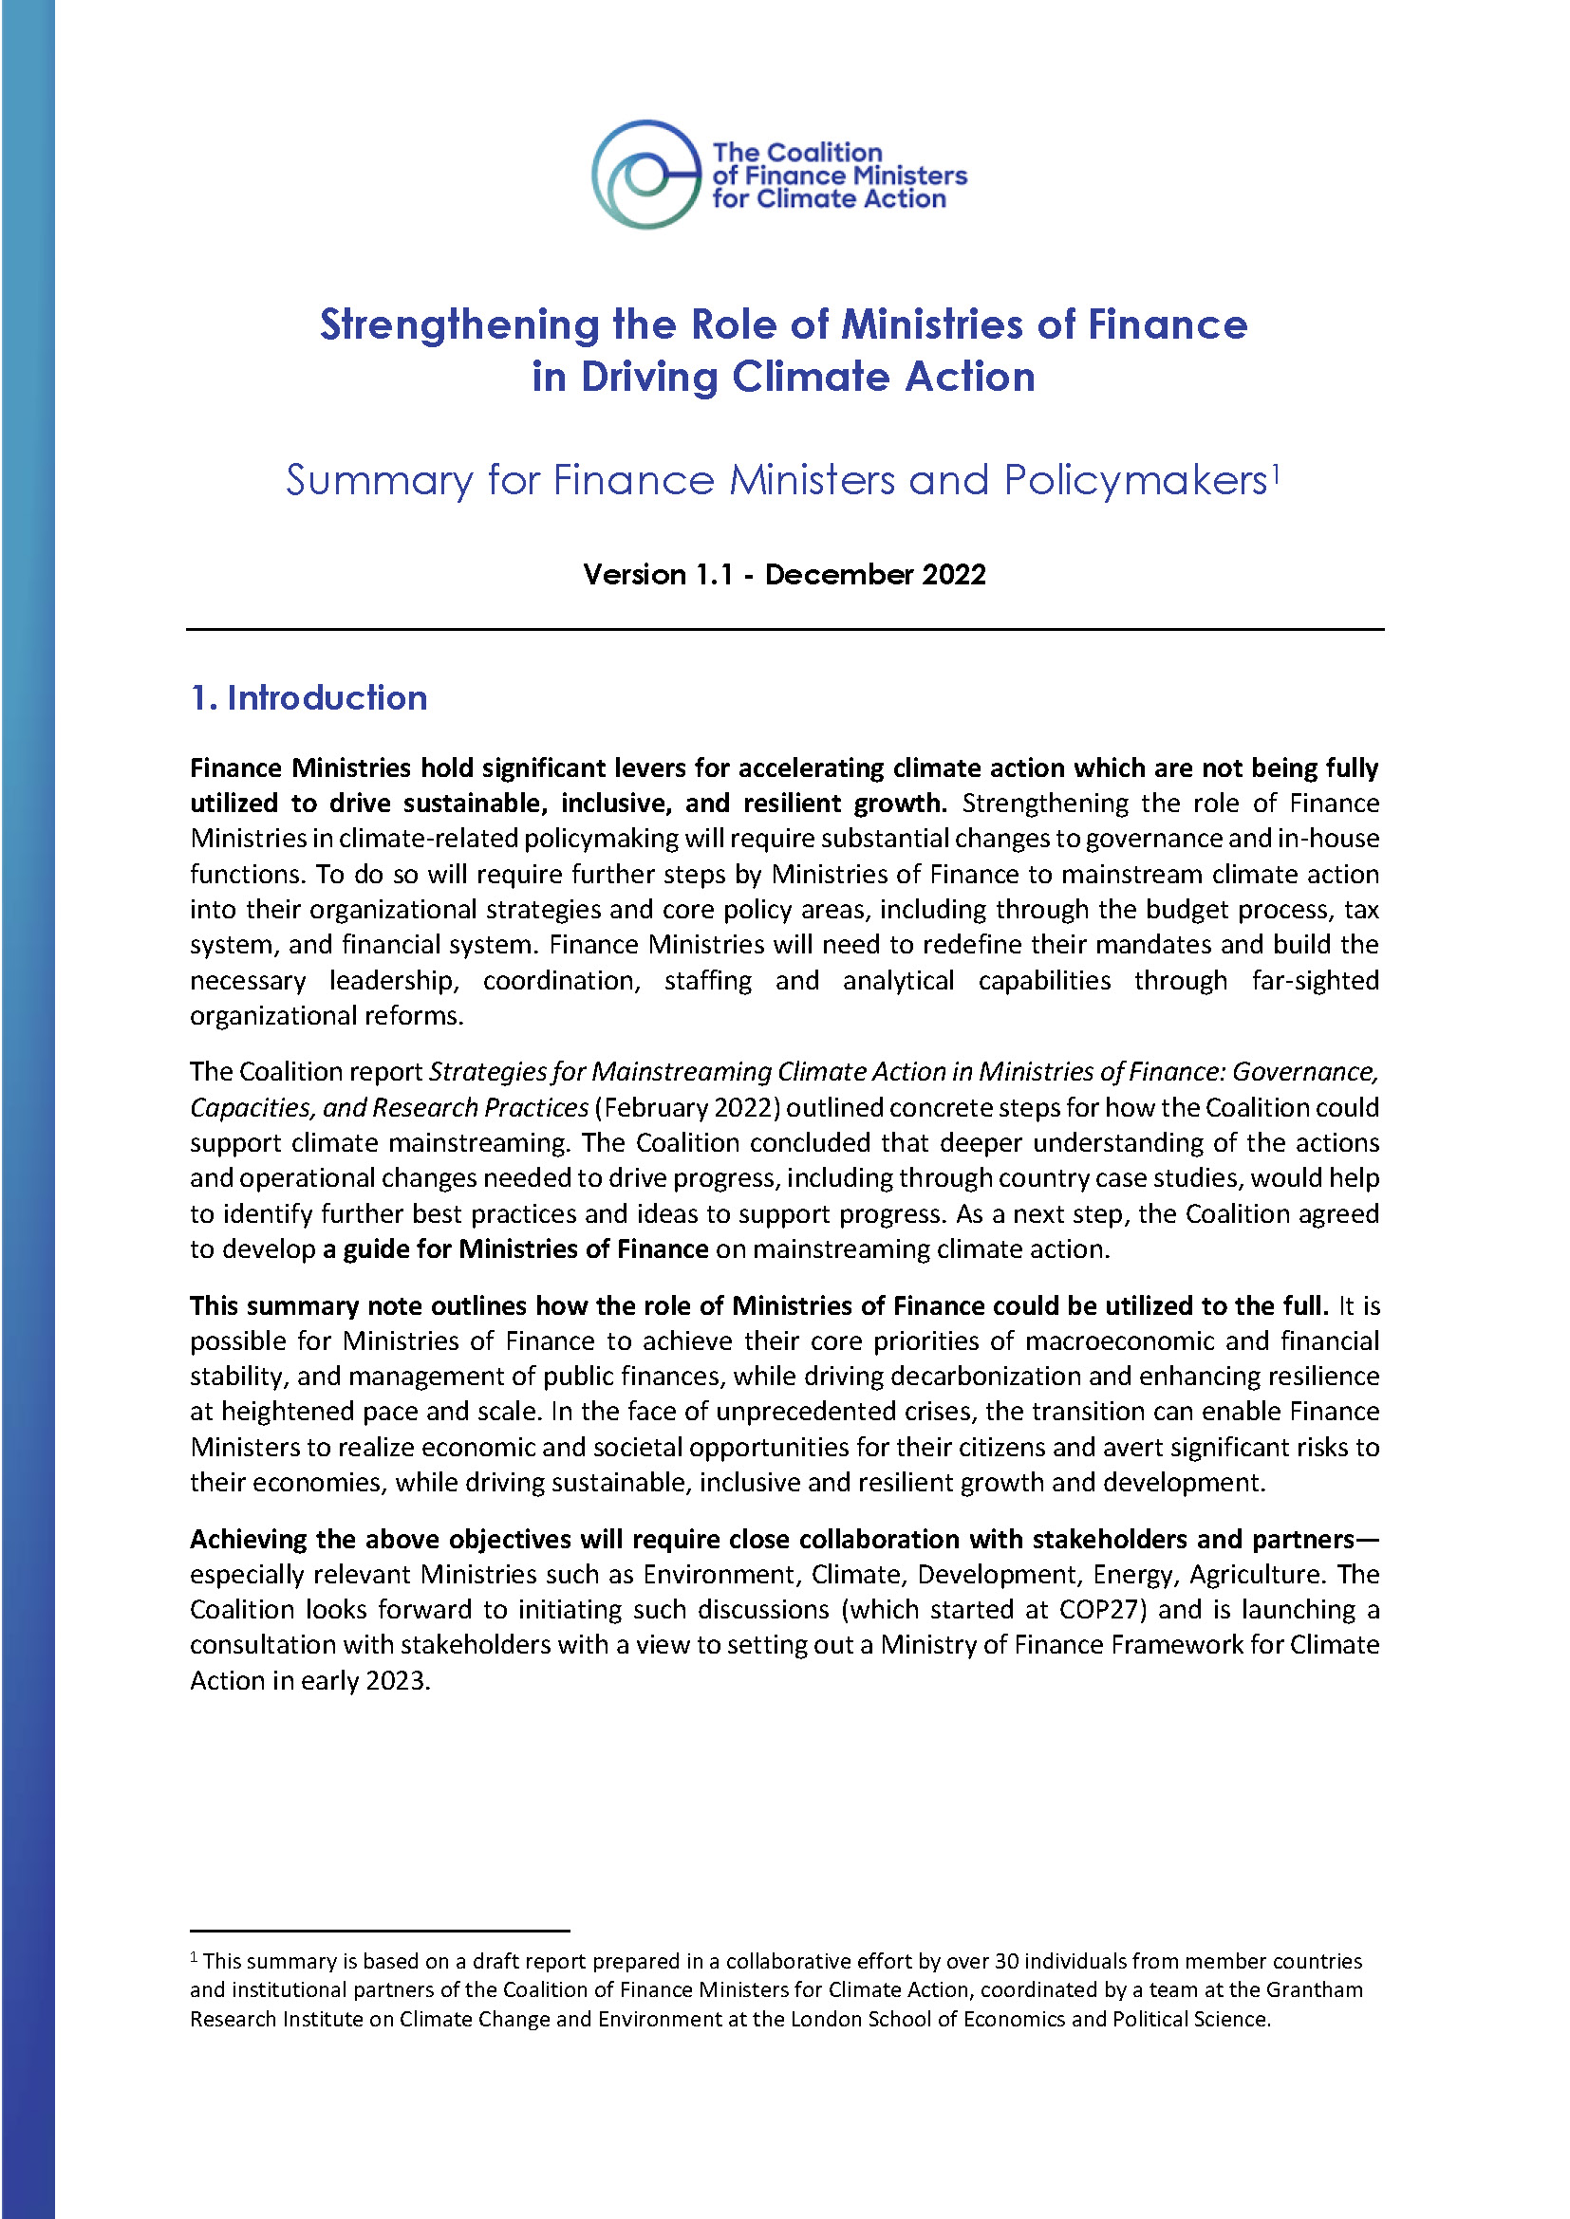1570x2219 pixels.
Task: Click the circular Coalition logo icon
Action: pos(645,175)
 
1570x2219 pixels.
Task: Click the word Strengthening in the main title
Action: pos(459,324)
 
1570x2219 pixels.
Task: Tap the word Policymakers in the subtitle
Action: pos(1135,480)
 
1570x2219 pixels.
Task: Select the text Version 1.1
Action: pos(659,574)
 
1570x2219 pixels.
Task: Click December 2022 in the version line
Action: pos(875,574)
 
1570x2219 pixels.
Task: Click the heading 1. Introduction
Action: pos(308,698)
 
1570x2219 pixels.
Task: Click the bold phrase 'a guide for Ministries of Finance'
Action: pos(516,1249)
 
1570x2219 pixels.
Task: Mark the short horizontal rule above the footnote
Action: pos(379,1930)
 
